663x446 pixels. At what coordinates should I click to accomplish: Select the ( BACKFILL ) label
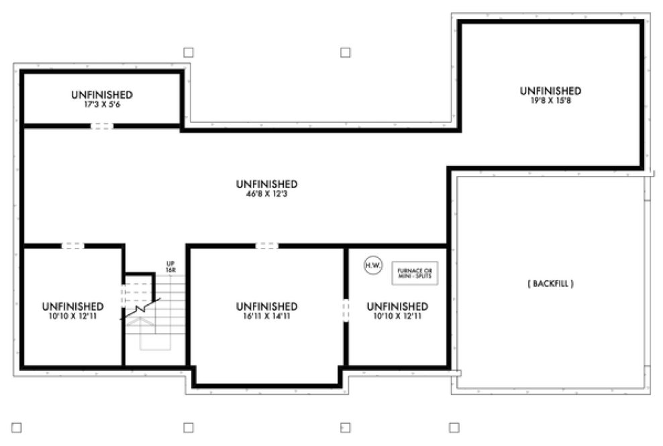[x=550, y=284]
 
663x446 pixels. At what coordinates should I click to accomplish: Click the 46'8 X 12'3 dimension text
[x=266, y=194]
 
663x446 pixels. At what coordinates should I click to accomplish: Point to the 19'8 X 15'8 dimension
[x=550, y=101]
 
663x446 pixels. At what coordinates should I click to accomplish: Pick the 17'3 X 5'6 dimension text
[x=101, y=105]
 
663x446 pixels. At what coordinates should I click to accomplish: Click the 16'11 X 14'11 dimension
[x=266, y=316]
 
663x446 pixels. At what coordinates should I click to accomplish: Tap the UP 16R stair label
[x=170, y=267]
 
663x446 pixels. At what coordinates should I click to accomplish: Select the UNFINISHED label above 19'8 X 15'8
[x=550, y=91]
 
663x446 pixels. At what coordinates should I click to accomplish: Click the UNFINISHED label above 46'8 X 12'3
[x=266, y=183]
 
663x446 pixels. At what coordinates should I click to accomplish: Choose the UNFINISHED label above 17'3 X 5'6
[x=101, y=95]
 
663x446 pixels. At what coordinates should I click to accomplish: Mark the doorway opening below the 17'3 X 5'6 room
[x=102, y=126]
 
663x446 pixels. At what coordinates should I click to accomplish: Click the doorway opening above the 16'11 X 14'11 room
[x=266, y=246]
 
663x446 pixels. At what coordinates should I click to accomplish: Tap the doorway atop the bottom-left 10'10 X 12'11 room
[x=73, y=246]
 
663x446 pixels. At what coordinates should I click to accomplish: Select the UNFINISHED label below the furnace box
[x=397, y=306]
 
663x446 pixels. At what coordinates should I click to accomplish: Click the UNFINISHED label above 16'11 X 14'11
[x=266, y=306]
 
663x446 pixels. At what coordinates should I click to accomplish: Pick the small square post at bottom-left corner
[x=17, y=427]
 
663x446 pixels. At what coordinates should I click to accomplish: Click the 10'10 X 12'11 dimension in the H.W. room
[x=397, y=316]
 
